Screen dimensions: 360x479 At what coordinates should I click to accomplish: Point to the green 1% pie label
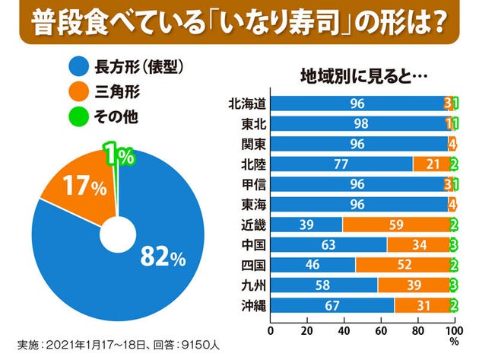[119, 156]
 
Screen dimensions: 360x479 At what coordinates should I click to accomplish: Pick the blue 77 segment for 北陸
[341, 164]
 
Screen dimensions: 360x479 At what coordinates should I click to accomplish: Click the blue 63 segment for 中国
[328, 244]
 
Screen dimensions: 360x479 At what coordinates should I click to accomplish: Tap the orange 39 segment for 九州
[413, 285]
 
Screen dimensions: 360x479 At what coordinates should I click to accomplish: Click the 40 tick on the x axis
[344, 332]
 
